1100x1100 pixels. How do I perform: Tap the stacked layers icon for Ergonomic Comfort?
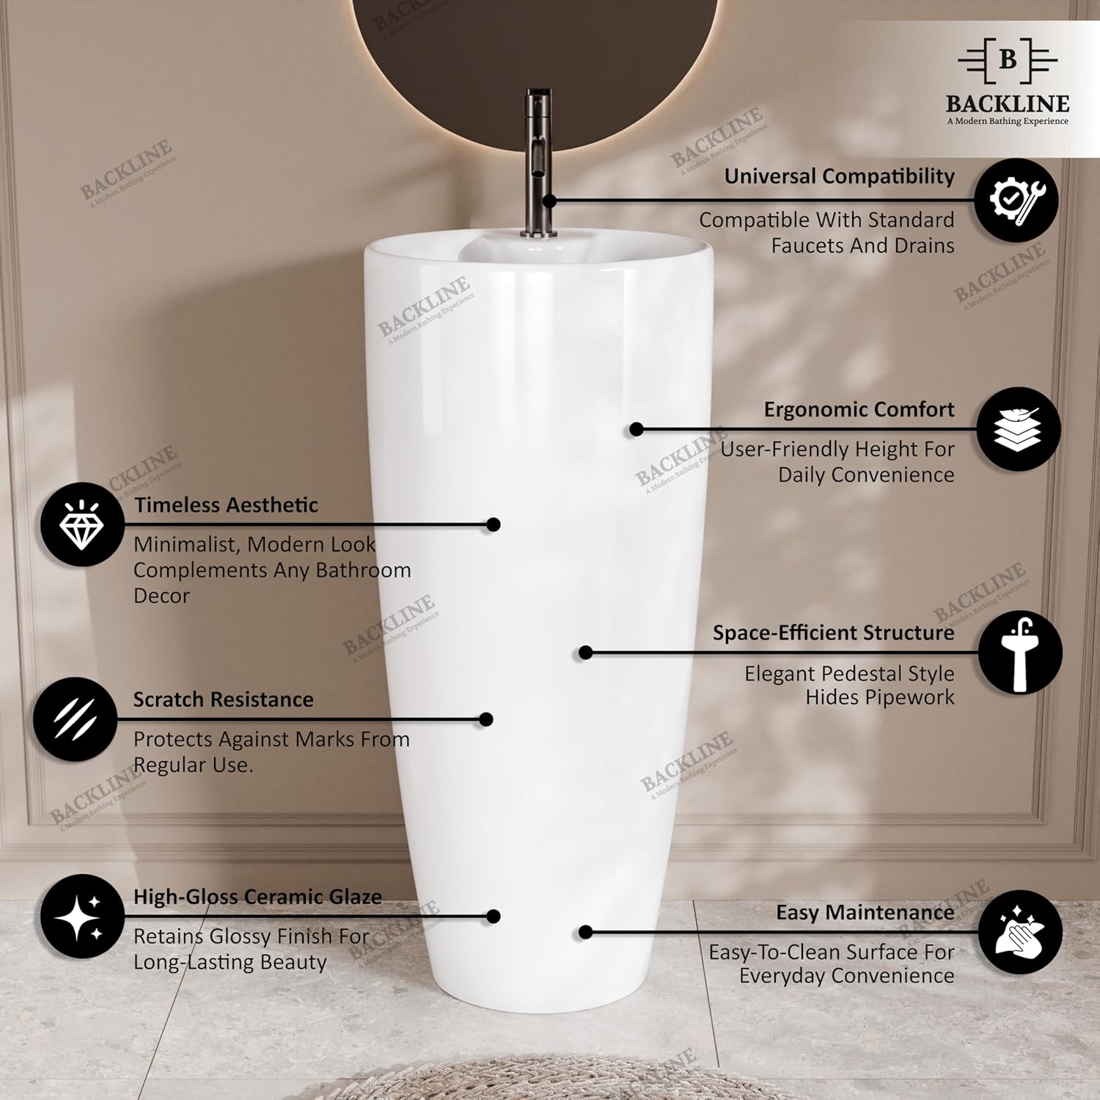pyautogui.click(x=1019, y=429)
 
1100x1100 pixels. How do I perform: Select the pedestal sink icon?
pyautogui.click(x=1019, y=653)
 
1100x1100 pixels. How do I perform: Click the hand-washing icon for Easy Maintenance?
pyautogui.click(x=1019, y=932)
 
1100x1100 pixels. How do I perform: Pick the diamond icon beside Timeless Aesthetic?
pyautogui.click(x=81, y=524)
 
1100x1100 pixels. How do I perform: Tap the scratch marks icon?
pyautogui.click(x=75, y=719)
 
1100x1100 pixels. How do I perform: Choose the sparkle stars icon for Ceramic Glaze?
pyautogui.click(x=81, y=916)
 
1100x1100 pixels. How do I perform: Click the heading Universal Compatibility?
pyautogui.click(x=840, y=177)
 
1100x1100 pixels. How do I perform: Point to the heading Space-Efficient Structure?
pyautogui.click(x=834, y=633)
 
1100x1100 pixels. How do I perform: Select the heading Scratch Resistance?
pyautogui.click(x=223, y=700)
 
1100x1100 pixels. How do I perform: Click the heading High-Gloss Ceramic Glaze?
pyautogui.click(x=257, y=897)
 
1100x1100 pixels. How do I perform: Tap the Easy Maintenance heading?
pyautogui.click(x=865, y=913)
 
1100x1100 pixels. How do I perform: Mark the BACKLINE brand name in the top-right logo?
pyautogui.click(x=1008, y=103)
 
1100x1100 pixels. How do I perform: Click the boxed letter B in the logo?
pyautogui.click(x=1008, y=59)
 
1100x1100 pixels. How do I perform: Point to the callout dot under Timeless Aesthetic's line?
pyautogui.click(x=494, y=524)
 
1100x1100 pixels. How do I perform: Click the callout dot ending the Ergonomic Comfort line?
pyautogui.click(x=637, y=429)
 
